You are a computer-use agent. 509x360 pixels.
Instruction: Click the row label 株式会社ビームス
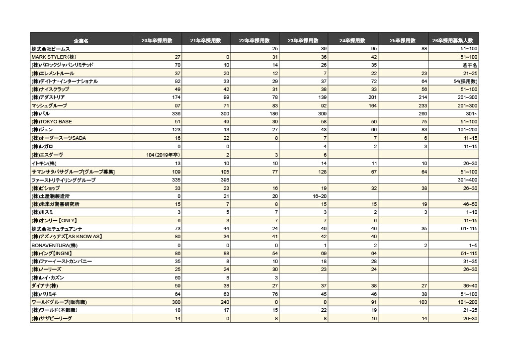(51, 49)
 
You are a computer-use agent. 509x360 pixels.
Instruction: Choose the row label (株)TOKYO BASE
(52, 122)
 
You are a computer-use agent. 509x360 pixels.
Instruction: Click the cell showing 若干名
(469, 65)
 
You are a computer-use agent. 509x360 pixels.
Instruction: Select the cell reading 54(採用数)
(465, 82)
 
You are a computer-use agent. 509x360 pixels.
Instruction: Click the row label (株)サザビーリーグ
(52, 318)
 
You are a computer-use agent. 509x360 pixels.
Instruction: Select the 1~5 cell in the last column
(472, 245)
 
